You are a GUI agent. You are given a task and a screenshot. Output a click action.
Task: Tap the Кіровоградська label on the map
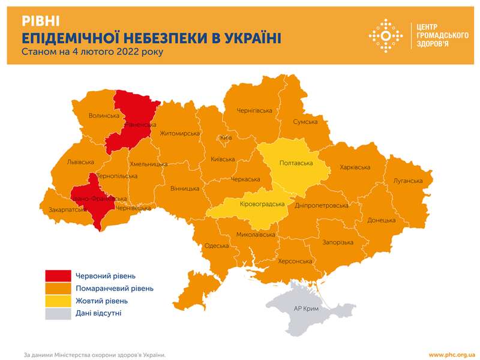(262, 204)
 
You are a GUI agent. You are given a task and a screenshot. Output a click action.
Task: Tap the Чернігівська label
(254, 111)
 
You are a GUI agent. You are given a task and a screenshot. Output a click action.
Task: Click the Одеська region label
(217, 245)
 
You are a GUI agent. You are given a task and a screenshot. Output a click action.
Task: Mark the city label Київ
(226, 138)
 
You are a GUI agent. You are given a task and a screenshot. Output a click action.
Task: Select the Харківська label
(358, 167)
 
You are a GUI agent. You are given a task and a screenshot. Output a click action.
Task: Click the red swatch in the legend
(58, 275)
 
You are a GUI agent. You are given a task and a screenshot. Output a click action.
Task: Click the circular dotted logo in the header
(385, 35)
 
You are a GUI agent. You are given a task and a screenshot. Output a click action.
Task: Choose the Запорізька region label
(338, 241)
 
